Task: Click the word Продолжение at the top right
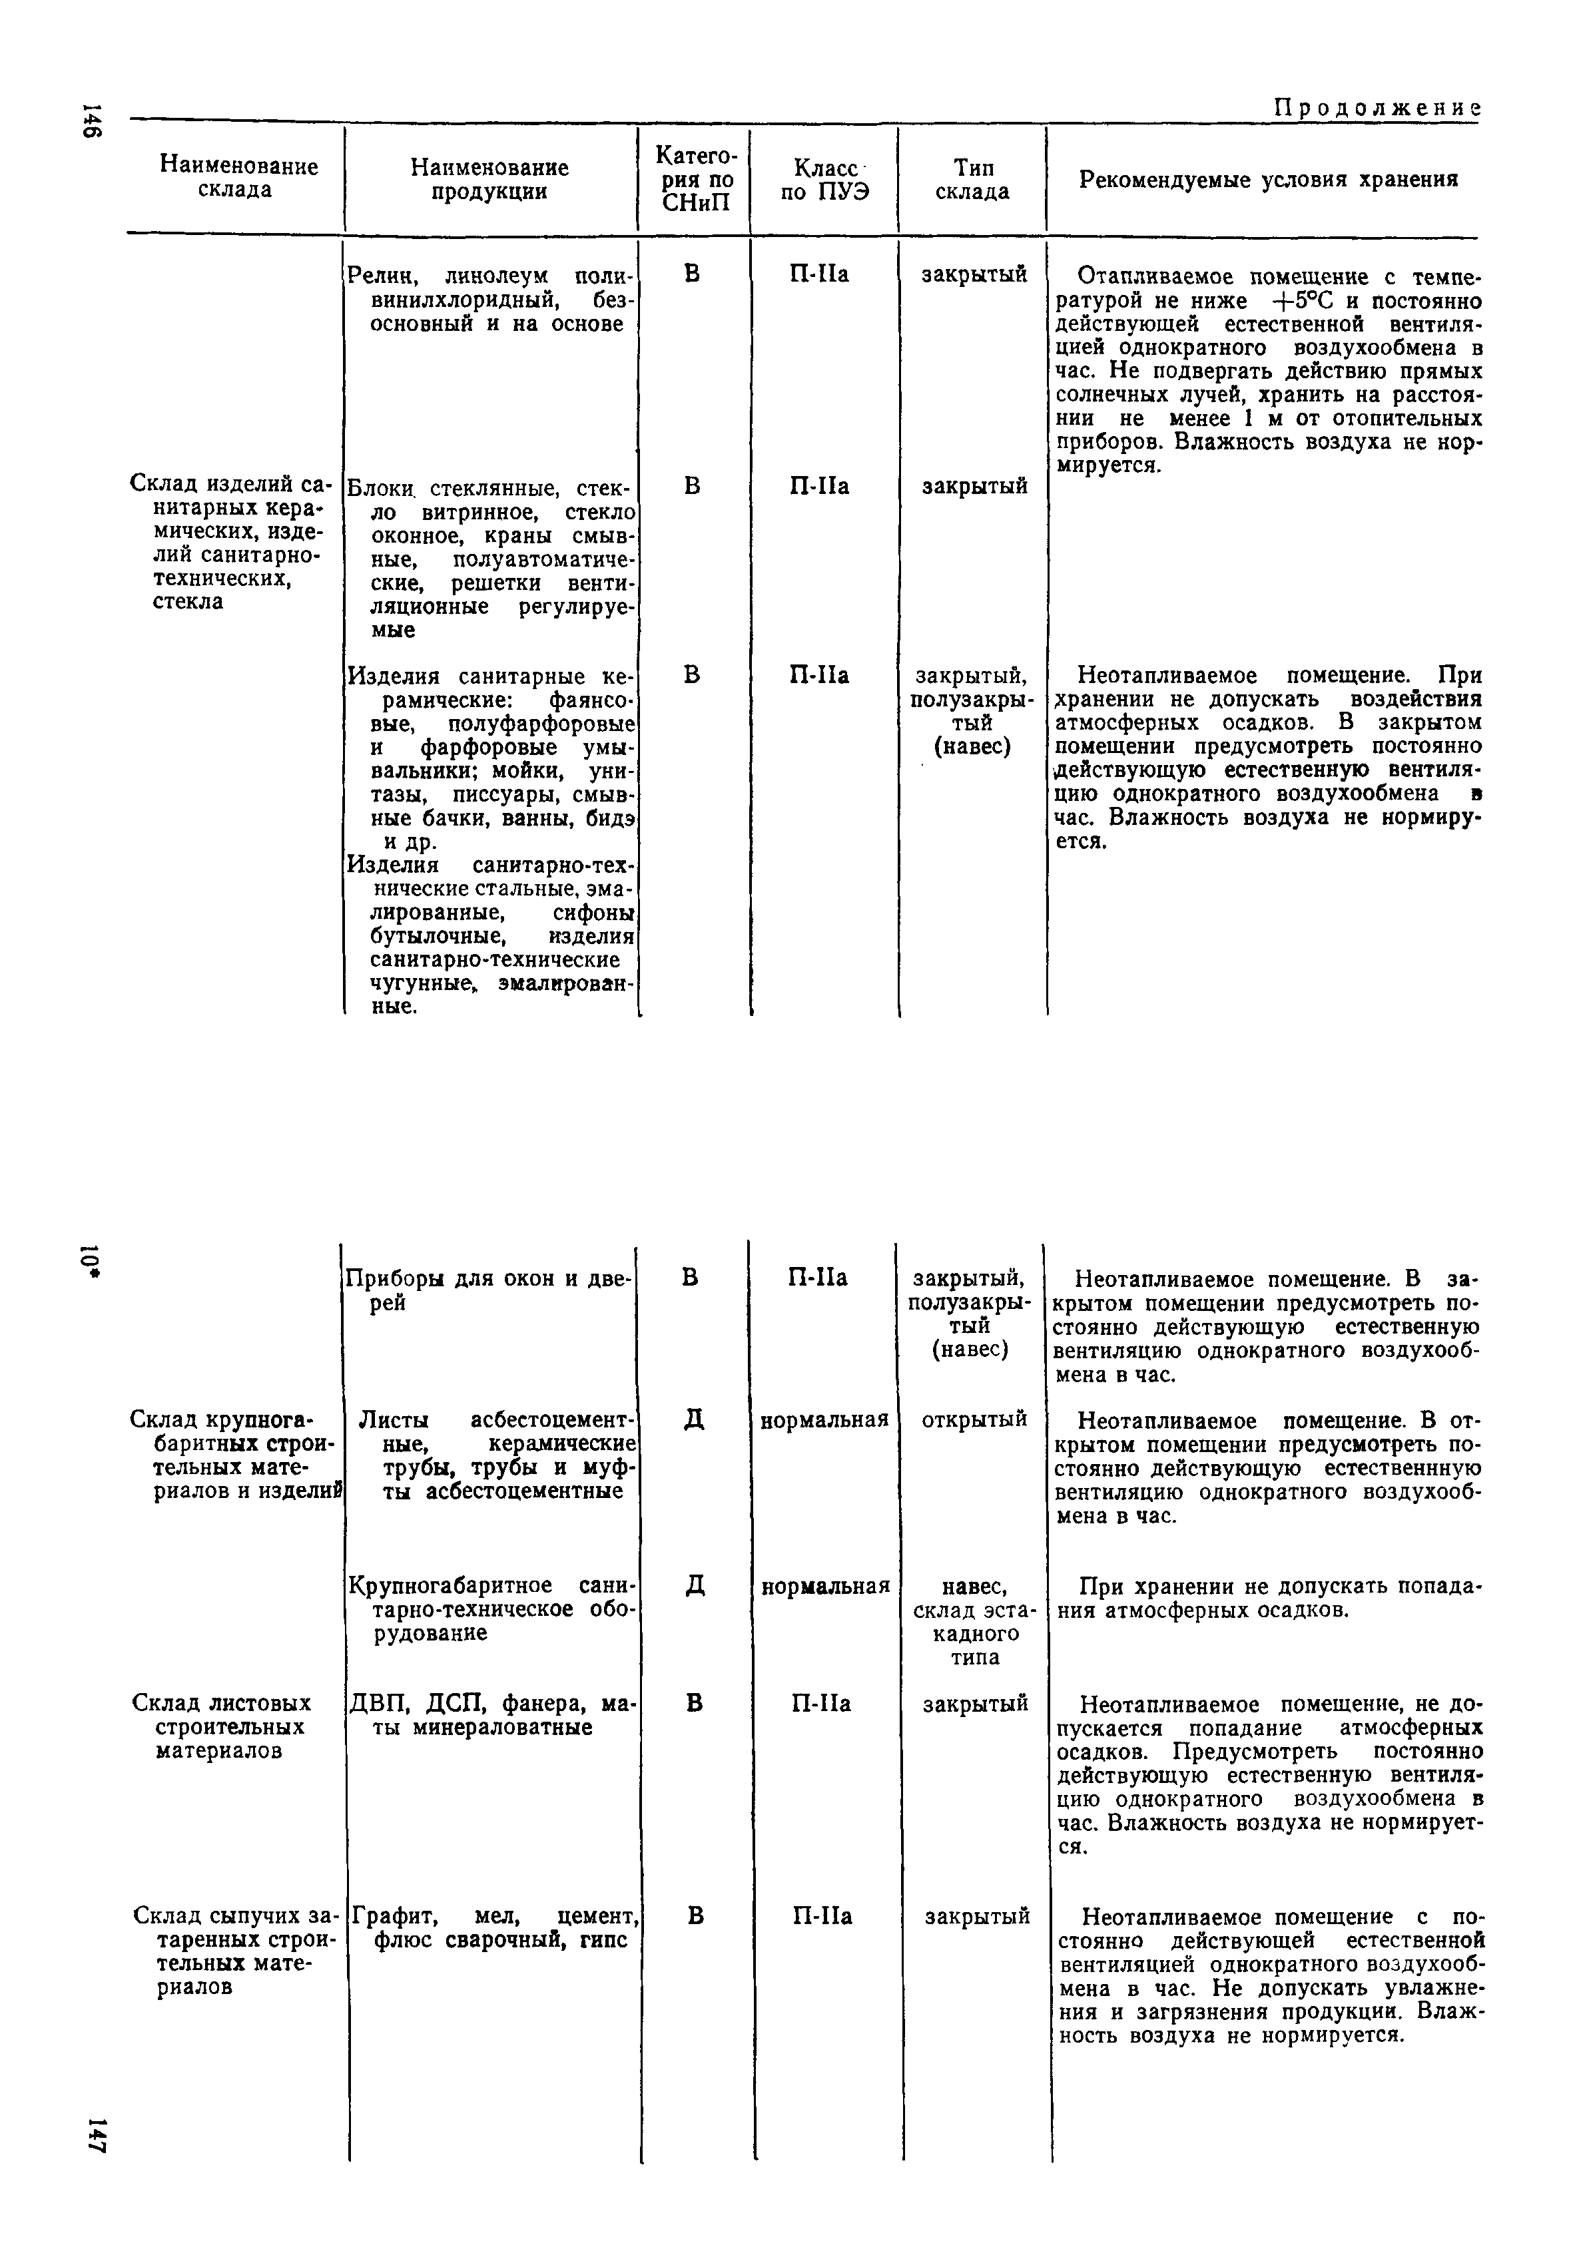[x=1378, y=107]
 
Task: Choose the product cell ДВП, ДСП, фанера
[x=491, y=1714]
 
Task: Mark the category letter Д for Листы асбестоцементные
[x=694, y=1419]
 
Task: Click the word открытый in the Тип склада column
[x=974, y=1419]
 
